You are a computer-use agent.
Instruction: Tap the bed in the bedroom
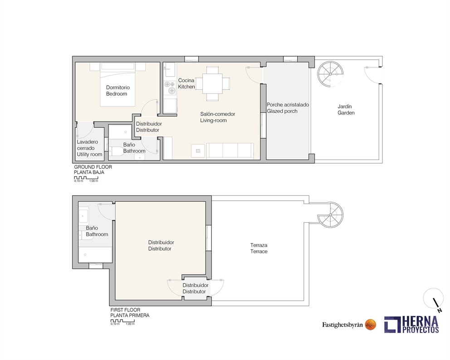117,86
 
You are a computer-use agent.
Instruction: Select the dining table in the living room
212,83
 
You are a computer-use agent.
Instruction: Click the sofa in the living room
230,150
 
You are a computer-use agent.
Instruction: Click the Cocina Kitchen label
186,83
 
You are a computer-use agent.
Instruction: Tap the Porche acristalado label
288,108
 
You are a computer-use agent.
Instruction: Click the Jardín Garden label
346,110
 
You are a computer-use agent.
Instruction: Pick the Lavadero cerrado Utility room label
89,148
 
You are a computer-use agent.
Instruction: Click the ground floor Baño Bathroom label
134,148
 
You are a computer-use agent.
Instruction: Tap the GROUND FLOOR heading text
93,167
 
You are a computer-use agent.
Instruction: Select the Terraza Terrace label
259,248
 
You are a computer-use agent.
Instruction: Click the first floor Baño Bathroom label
97,231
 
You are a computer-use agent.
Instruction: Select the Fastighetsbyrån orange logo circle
371,324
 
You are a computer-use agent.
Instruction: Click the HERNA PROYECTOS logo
412,324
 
